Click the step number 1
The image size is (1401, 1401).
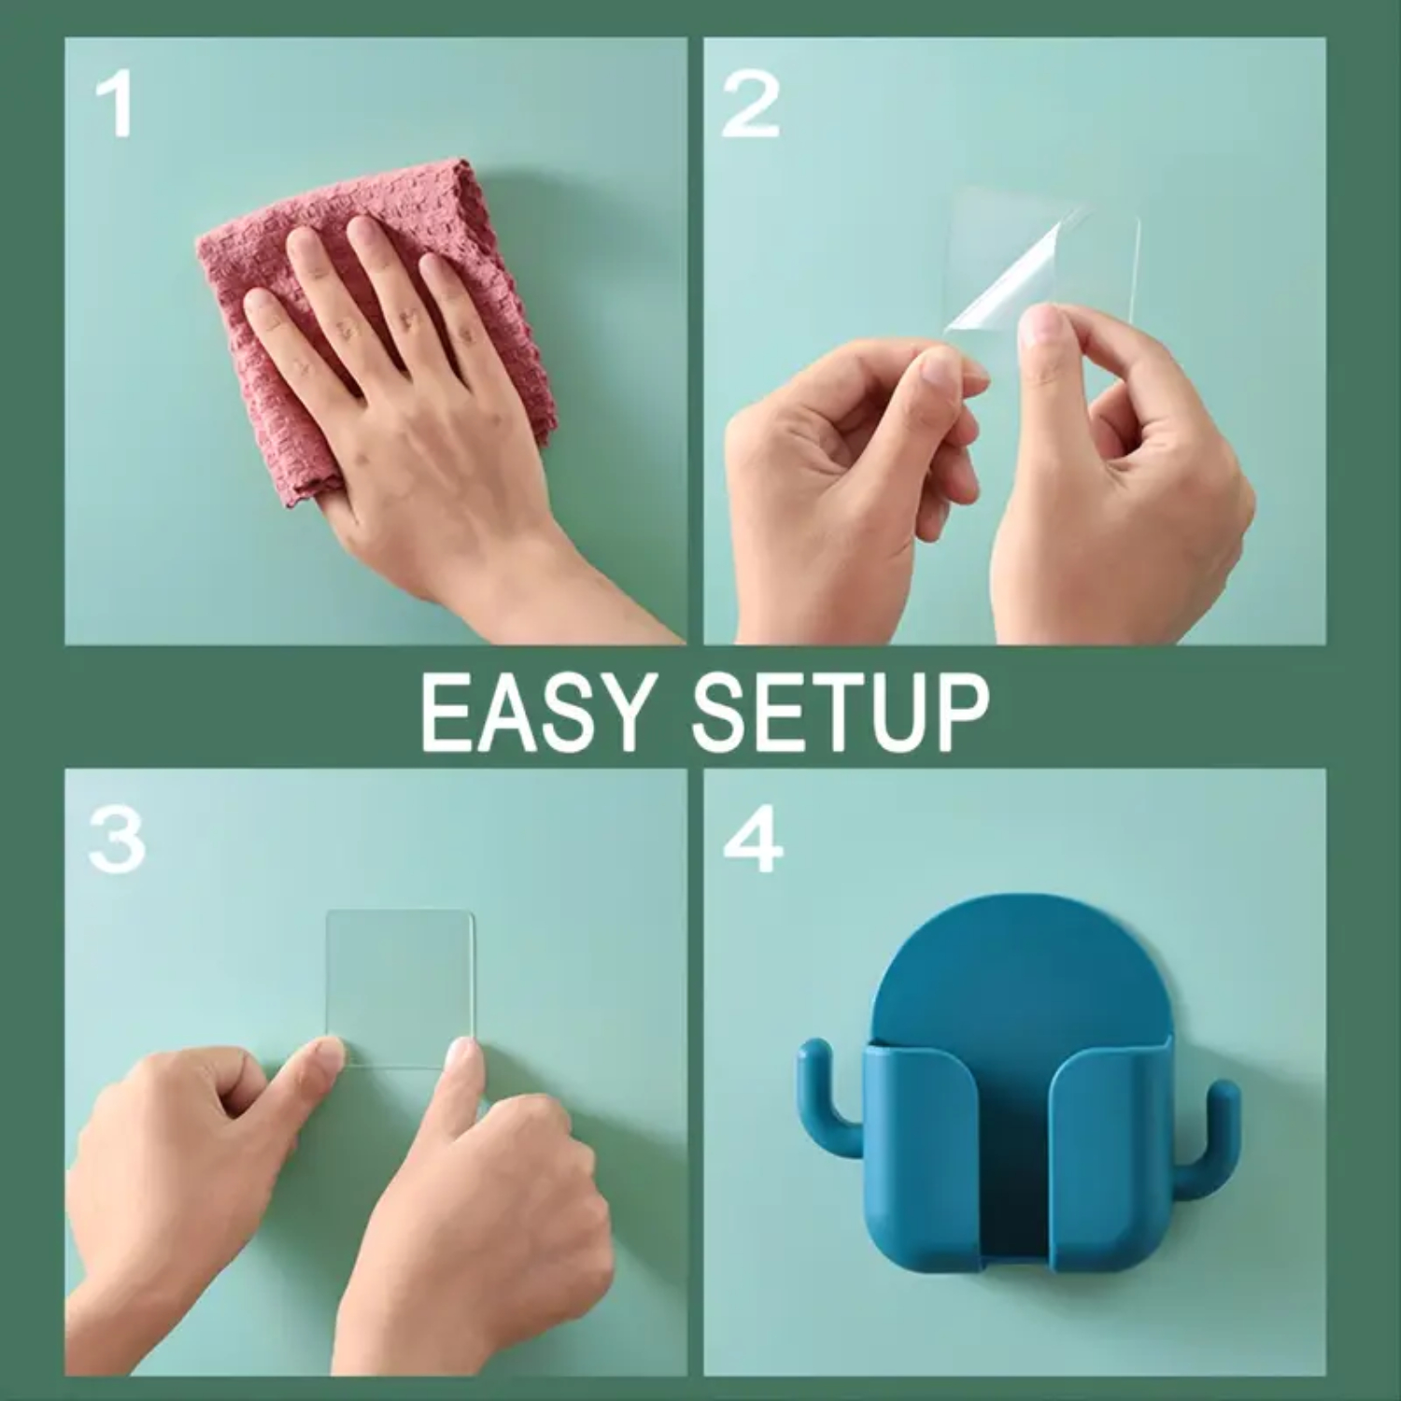click(x=114, y=106)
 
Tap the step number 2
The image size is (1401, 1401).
click(x=750, y=105)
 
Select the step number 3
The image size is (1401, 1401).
click(x=116, y=840)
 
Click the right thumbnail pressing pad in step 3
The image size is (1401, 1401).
click(x=462, y=1057)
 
